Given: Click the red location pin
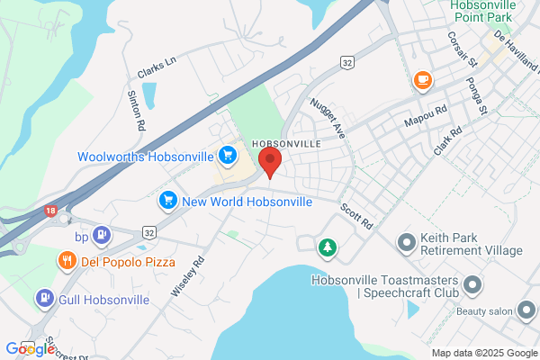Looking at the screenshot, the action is (270, 163).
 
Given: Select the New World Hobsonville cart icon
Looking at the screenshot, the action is (167, 201).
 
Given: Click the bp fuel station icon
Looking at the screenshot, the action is (103, 236).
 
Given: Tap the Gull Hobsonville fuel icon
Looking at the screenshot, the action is (43, 298).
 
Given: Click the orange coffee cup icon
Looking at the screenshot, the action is (421, 81).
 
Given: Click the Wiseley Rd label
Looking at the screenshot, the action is (188, 277).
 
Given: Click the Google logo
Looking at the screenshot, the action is (30, 348).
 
